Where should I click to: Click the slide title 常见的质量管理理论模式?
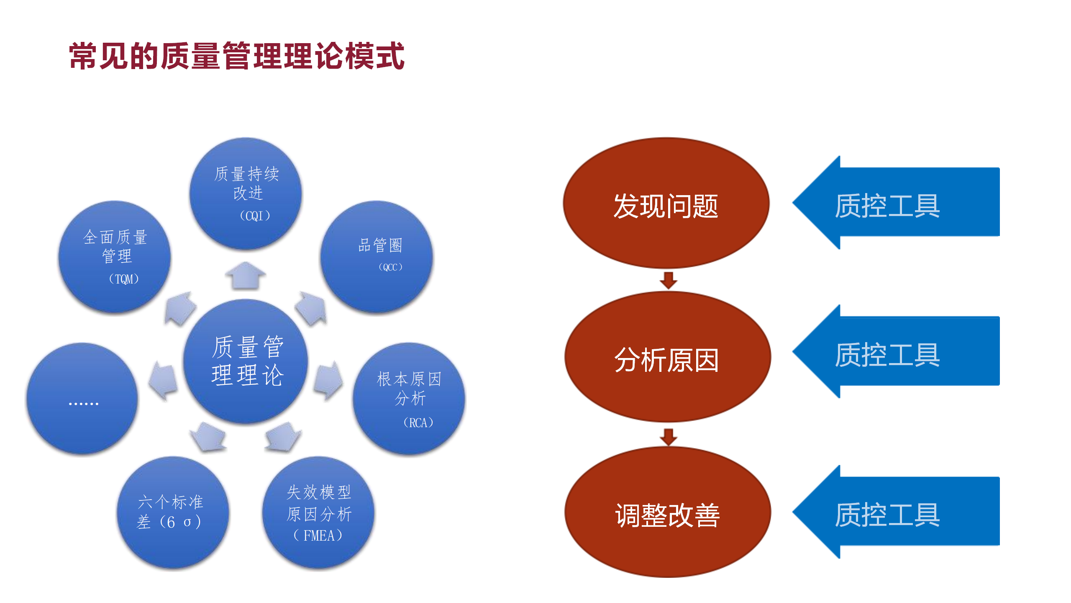tap(237, 56)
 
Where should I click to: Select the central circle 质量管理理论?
tap(246, 361)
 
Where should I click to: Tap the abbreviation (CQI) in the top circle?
tap(255, 216)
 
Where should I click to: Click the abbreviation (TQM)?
tap(123, 279)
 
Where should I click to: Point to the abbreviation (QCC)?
tap(390, 267)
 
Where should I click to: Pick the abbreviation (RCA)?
tap(418, 423)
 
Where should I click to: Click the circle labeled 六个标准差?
tap(172, 512)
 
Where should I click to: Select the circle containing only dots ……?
tap(83, 399)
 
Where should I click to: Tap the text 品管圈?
tap(380, 245)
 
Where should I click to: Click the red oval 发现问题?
tap(666, 204)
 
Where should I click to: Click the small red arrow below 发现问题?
tap(668, 280)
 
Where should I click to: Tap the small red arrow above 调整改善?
tap(668, 436)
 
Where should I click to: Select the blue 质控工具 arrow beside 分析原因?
tap(895, 352)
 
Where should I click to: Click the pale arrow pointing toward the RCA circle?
tap(329, 380)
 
